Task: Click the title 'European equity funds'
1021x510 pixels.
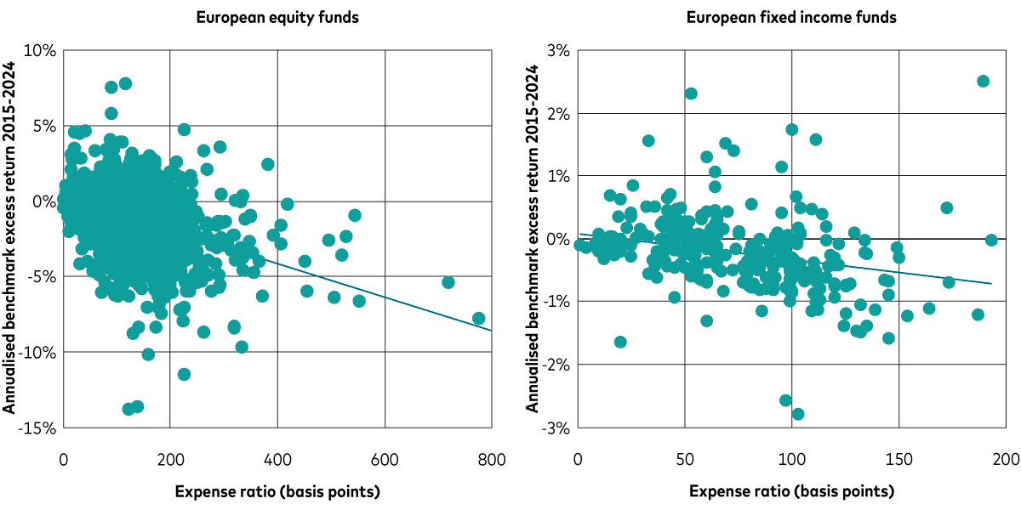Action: pos(277,17)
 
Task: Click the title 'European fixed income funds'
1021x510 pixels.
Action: pos(792,17)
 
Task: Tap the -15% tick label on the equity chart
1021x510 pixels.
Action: pos(37,428)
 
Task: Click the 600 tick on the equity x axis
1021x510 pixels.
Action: pos(385,460)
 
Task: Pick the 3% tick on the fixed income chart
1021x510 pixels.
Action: pos(557,51)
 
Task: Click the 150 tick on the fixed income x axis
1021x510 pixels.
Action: pos(898,460)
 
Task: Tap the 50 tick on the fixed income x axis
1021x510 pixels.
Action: pos(684,460)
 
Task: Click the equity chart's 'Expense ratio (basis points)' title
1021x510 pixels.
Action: pos(277,491)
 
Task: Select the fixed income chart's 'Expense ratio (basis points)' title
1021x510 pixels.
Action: pos(792,491)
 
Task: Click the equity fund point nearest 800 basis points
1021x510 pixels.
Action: pos(479,319)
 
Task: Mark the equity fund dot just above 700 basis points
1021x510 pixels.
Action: pos(448,282)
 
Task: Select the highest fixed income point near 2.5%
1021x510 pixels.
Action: pos(983,82)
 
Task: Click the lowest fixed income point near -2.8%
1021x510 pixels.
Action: pos(798,414)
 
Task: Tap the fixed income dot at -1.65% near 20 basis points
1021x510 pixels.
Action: pos(620,342)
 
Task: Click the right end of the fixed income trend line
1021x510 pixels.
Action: pos(991,283)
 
